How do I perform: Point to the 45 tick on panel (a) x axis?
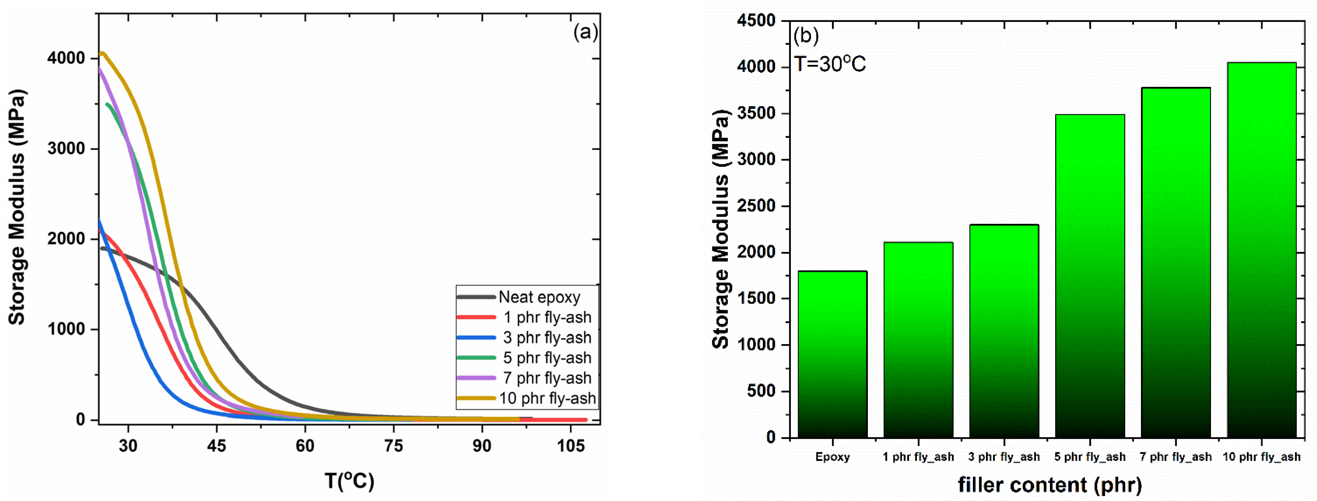216,446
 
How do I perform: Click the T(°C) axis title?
350,481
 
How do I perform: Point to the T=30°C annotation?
830,64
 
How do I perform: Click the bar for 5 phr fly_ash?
1090,276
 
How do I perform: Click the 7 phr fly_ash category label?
1175,457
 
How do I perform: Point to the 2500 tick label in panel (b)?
756,206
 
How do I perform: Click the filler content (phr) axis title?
1050,485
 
